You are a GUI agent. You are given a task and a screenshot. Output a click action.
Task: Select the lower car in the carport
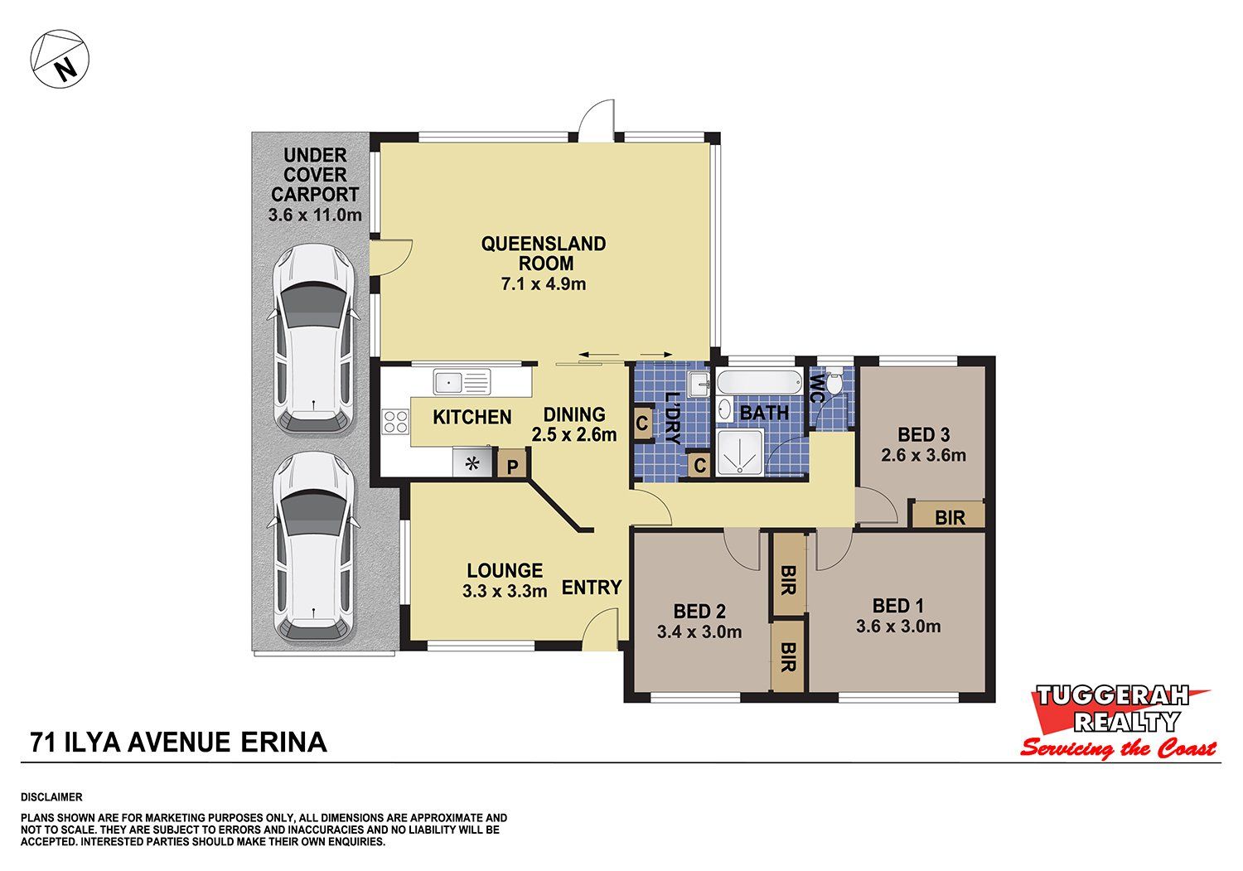click(315, 546)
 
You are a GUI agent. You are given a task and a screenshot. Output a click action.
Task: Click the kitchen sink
click(462, 383)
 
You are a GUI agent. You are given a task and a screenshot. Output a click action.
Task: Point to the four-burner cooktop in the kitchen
click(395, 421)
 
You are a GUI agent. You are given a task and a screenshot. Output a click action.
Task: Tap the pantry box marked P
click(512, 463)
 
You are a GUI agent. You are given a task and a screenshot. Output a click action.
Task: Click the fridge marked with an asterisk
click(472, 462)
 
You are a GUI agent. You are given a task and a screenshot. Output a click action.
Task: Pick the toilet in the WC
click(834, 382)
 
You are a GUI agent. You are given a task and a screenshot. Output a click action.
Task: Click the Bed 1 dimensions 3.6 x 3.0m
click(897, 627)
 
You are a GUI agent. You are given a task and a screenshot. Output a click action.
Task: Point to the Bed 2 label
click(699, 612)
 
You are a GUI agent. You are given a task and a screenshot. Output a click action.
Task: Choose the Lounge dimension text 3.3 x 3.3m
click(505, 591)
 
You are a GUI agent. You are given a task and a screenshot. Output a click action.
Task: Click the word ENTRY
click(592, 588)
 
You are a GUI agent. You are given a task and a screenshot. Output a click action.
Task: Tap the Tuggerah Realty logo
click(1117, 721)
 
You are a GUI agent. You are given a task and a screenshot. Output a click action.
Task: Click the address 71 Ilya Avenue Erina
click(179, 743)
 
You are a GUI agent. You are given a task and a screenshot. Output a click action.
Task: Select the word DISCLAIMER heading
click(51, 797)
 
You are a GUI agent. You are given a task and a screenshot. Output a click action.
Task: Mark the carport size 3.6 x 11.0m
click(315, 215)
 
